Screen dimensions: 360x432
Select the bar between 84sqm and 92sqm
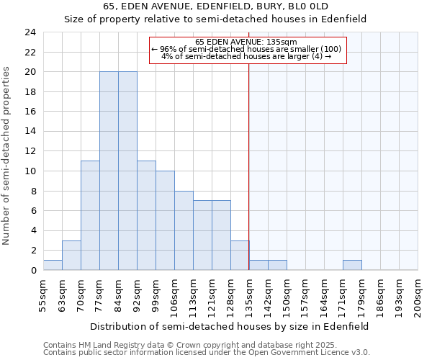(x=127, y=171)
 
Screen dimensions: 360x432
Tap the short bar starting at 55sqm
(x=53, y=265)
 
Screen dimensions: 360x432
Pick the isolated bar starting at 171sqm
(x=352, y=265)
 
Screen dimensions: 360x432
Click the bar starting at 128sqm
(x=240, y=255)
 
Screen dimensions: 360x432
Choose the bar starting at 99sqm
(x=165, y=220)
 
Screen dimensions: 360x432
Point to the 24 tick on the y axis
(x=30, y=32)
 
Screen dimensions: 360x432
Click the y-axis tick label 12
(x=30, y=151)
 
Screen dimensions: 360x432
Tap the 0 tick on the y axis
(x=33, y=270)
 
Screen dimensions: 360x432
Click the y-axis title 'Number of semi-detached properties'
(x=7, y=156)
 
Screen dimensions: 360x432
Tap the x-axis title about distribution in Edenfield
(x=230, y=326)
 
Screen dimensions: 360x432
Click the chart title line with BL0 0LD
(x=216, y=6)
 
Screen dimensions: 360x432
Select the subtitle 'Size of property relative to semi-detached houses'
(x=216, y=19)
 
